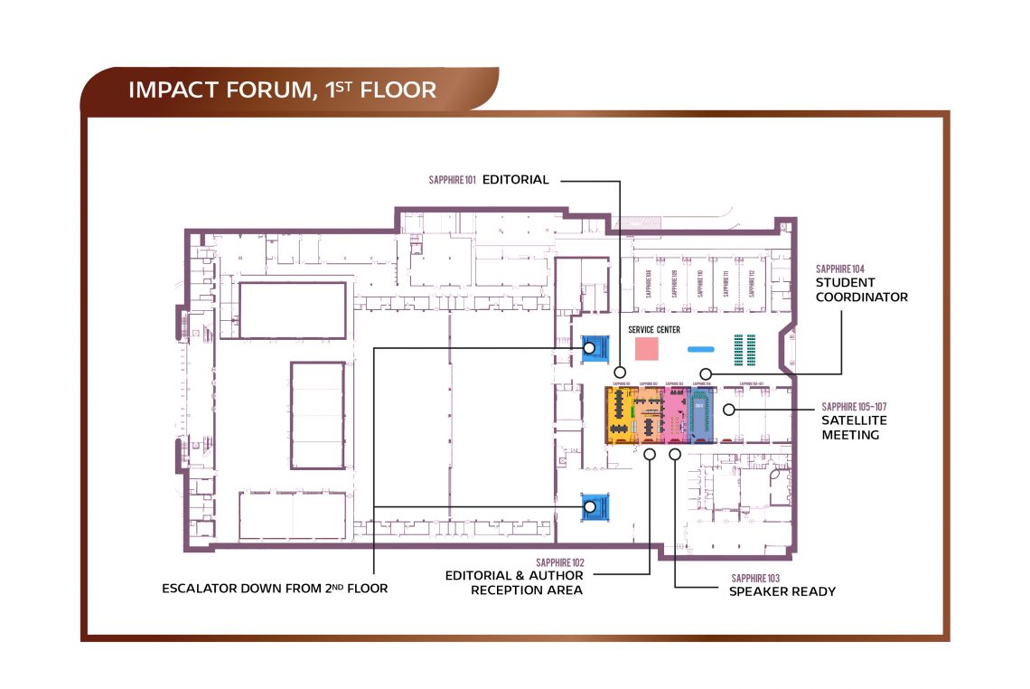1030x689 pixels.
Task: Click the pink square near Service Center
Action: (x=646, y=348)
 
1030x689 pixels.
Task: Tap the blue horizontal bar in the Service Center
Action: (x=701, y=348)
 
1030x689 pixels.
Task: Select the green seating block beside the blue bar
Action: (x=744, y=347)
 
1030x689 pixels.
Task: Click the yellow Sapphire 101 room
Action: (x=619, y=416)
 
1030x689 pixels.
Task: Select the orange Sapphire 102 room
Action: (x=647, y=416)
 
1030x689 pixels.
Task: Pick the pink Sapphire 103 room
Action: (x=676, y=416)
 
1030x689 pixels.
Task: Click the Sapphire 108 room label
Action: (x=649, y=283)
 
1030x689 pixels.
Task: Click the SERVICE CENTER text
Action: (x=654, y=330)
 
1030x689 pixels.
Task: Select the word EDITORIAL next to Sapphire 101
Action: (x=515, y=180)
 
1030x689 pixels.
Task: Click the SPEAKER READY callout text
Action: (x=782, y=591)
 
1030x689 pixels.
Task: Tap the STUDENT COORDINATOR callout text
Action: (x=861, y=289)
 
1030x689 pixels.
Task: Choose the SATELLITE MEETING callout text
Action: (x=854, y=428)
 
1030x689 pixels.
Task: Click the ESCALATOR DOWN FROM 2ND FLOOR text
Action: (x=275, y=589)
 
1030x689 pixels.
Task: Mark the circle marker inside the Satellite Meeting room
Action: (x=728, y=410)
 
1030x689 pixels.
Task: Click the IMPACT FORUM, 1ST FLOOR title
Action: (x=282, y=90)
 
